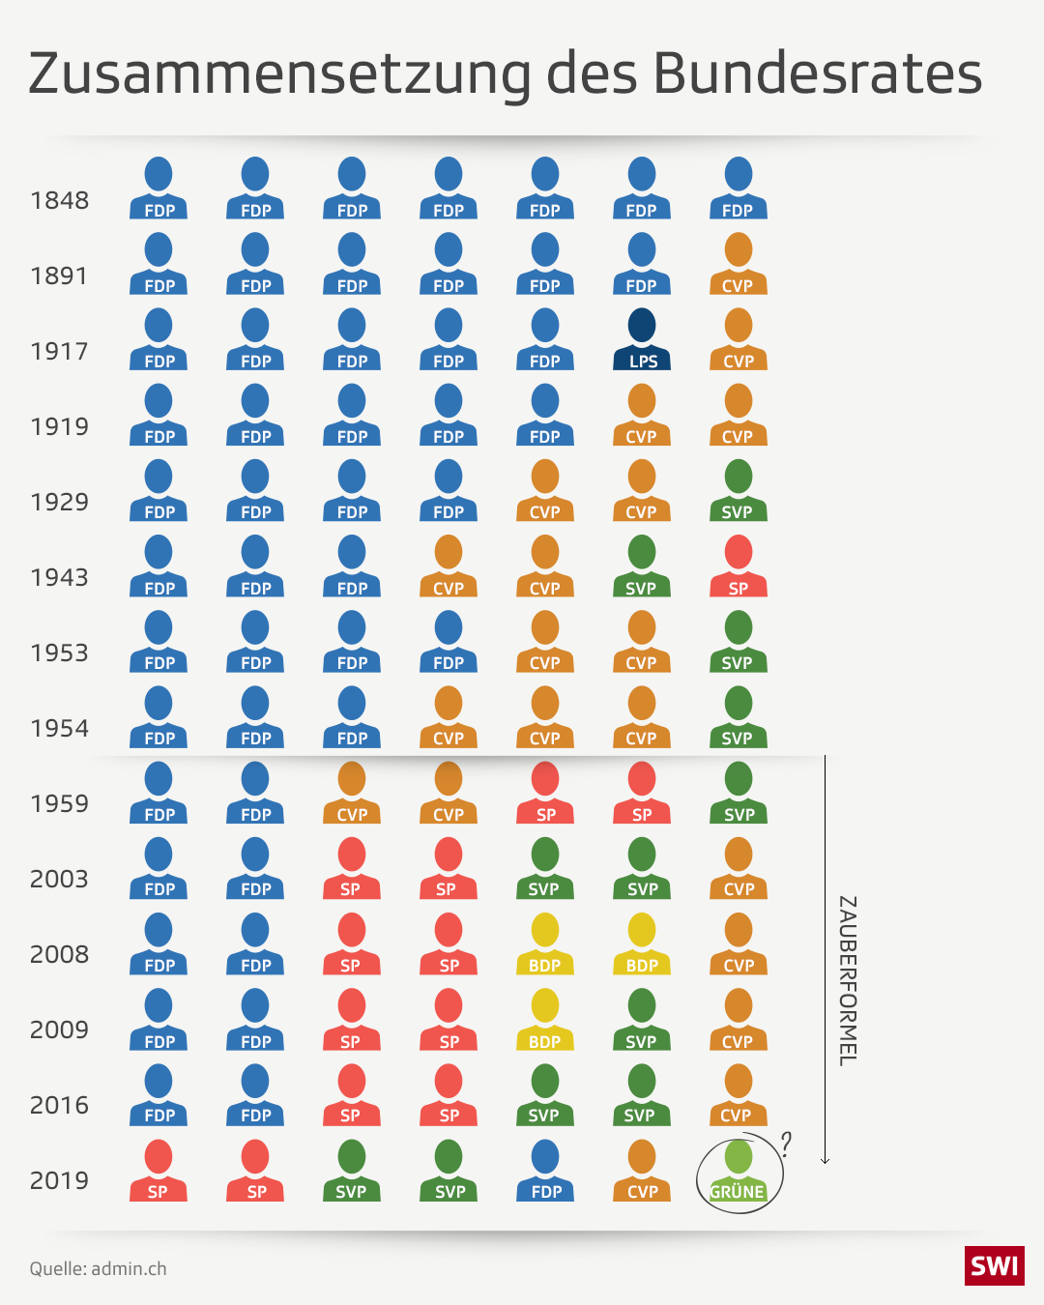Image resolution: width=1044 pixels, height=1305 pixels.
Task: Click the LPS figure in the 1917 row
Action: coord(642,339)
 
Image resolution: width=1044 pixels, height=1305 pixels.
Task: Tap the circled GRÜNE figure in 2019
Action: coord(739,1172)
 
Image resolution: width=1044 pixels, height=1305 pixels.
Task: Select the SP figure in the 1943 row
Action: coord(739,566)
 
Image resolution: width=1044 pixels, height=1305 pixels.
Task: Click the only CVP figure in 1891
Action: coord(739,264)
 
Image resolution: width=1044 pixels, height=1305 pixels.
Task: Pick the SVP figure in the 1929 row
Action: coord(739,491)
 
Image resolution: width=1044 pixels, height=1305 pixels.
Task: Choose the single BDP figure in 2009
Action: coord(545,1020)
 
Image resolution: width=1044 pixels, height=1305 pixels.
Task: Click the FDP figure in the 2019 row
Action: coord(545,1171)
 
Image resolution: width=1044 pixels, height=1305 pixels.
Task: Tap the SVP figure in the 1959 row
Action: coord(739,793)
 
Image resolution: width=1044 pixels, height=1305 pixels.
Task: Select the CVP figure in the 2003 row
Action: coord(739,868)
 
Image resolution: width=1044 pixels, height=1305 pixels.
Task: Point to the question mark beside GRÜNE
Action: coord(786,1145)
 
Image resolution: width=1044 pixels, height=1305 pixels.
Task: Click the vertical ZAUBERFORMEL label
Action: coord(847,980)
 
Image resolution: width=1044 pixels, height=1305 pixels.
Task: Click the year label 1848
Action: coord(59,201)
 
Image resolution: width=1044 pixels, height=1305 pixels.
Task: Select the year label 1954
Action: coord(59,729)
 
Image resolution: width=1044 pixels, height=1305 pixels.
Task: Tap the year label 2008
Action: coord(59,955)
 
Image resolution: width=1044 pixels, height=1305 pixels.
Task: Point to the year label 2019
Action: coord(59,1181)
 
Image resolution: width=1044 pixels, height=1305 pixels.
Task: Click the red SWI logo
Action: coord(994,1266)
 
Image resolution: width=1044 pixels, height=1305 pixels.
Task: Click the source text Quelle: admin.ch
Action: coord(98,1269)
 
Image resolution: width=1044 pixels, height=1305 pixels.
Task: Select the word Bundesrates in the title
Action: coord(818,73)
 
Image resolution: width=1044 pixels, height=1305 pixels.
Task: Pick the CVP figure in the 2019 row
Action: coord(642,1171)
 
